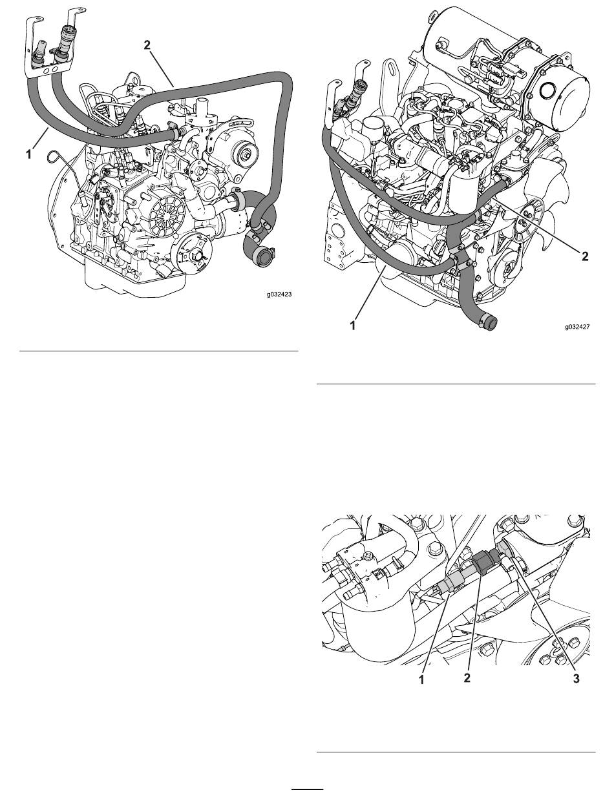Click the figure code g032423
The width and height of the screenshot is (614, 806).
click(x=279, y=294)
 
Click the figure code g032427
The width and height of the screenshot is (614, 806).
click(x=577, y=326)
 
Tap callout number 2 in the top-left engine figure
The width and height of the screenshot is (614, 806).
click(x=147, y=45)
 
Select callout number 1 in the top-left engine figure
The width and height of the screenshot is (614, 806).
click(x=28, y=154)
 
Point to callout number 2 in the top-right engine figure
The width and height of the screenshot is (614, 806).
click(x=585, y=256)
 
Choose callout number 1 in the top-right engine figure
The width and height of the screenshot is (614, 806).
click(x=353, y=325)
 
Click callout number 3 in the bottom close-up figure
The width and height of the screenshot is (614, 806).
click(x=576, y=679)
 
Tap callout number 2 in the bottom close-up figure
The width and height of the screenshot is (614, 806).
click(x=467, y=678)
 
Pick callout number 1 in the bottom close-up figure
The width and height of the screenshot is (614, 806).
click(x=421, y=680)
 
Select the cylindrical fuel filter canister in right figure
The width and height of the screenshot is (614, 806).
click(x=465, y=191)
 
